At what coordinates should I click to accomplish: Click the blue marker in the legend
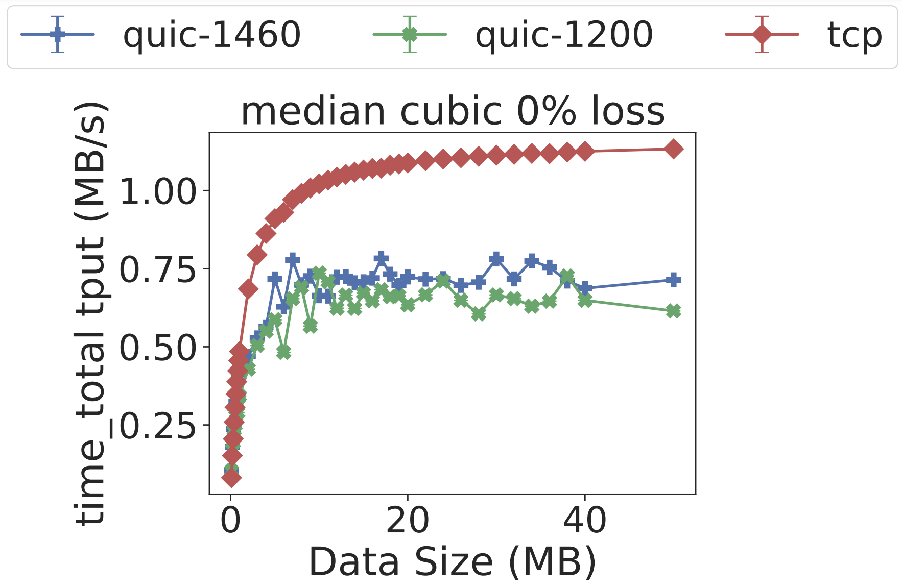point(58,35)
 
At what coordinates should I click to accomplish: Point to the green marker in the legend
point(410,35)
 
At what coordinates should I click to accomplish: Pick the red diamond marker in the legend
point(762,35)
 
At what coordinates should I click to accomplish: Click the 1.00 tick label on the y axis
point(157,192)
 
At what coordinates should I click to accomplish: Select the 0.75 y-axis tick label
point(157,270)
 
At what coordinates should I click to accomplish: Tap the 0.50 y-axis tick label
point(157,348)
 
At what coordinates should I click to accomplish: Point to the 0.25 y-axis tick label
point(157,426)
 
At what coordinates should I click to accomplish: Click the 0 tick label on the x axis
point(231,521)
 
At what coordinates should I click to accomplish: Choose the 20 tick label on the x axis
point(408,521)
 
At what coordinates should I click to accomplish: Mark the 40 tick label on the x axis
point(585,521)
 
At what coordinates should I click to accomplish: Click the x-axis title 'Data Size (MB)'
point(453,562)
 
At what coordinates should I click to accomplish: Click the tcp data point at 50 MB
point(673,149)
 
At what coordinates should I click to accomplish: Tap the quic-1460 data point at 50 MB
point(673,280)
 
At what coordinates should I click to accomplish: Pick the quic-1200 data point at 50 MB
point(673,311)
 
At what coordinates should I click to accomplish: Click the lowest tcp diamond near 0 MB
point(231,478)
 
